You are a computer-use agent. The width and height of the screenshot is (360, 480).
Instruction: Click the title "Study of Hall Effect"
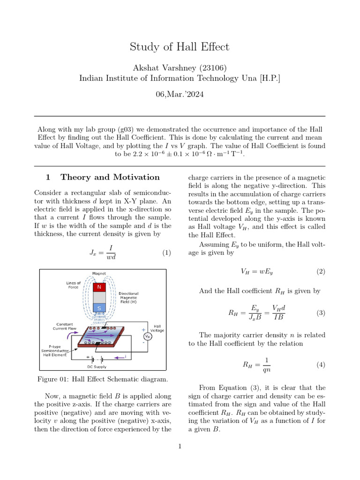coord(180,47)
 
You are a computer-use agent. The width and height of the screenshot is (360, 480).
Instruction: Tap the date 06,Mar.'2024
coord(180,94)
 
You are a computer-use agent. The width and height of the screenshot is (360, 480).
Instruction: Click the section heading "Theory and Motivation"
coord(110,177)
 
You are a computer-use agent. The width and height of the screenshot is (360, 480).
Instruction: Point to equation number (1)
coord(166,253)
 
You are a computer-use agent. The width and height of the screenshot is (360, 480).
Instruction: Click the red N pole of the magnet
coord(99,287)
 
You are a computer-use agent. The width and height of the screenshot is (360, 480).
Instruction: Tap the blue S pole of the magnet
coord(99,307)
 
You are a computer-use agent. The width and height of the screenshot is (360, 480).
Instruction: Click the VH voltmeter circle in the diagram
coord(148,336)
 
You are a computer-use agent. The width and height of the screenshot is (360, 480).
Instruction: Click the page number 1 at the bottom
coord(180,446)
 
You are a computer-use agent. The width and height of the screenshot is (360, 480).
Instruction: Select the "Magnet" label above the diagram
coord(99,273)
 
